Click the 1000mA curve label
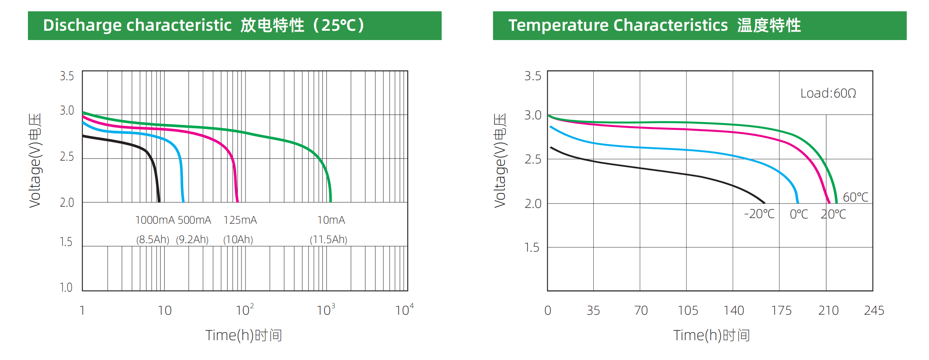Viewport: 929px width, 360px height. coord(154,220)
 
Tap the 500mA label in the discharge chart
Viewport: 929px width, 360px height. coord(194,220)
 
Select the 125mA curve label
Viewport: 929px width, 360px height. coord(240,220)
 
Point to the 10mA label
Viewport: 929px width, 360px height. coord(331,220)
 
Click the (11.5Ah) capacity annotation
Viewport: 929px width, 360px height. coord(328,239)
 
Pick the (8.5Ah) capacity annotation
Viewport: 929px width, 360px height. coord(152,239)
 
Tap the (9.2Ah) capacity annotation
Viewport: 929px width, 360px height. coord(192,239)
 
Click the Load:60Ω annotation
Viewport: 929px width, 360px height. coord(828,93)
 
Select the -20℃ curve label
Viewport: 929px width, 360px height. coord(759,214)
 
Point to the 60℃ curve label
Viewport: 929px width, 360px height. coord(855,197)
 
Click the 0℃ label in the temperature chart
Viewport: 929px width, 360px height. coord(799,214)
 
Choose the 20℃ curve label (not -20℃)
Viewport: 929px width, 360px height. coord(833,214)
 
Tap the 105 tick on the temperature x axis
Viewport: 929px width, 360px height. coord(688,310)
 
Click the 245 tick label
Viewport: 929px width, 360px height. coord(874,310)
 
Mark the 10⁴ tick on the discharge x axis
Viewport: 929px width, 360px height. coord(404,310)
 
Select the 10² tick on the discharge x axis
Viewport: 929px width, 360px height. coord(245,310)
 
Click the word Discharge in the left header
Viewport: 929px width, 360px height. coord(82,25)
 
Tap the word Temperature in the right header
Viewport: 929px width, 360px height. coord(558,25)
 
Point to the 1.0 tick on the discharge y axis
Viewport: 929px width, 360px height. coord(66,288)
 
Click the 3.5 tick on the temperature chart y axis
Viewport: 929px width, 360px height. coord(533,76)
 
